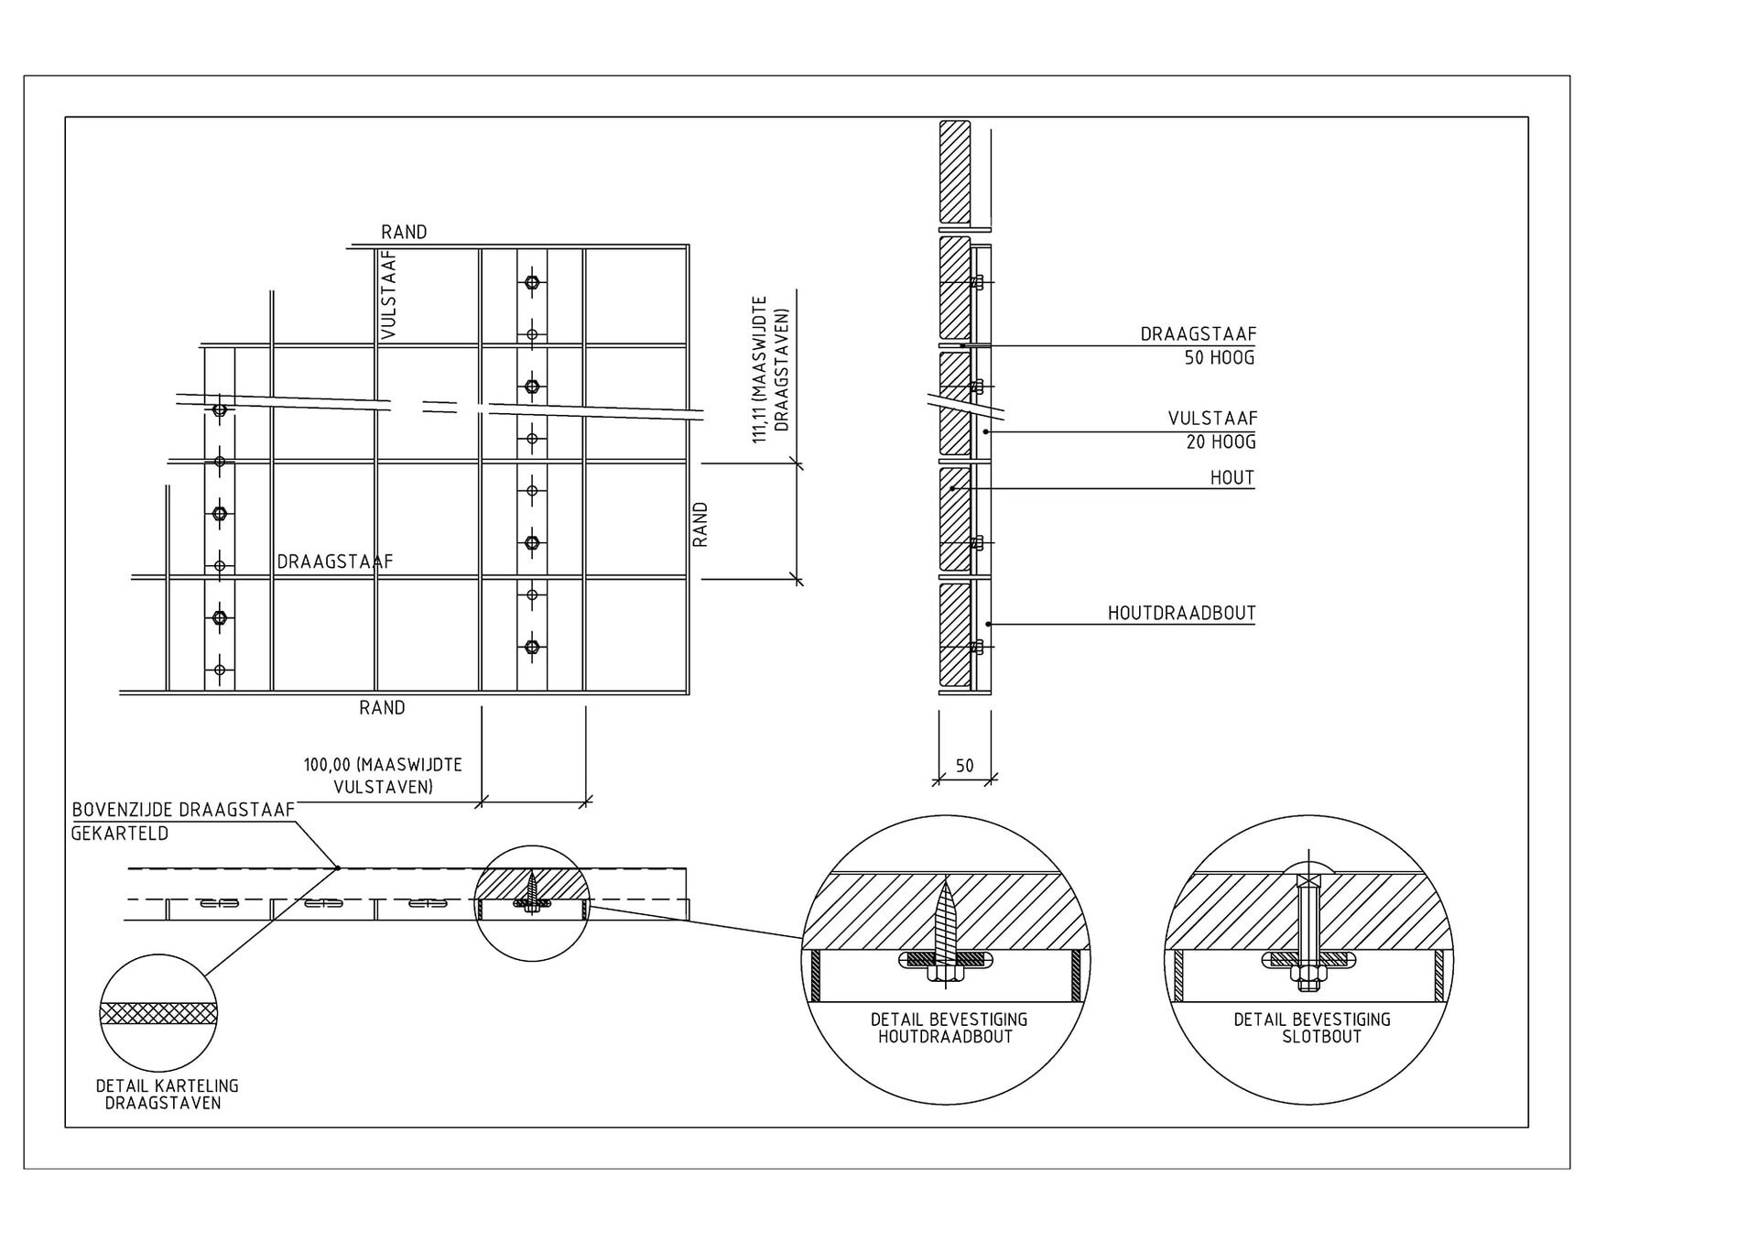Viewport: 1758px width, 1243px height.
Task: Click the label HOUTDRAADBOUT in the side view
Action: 1181,613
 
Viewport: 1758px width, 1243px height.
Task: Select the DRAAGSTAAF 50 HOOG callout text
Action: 1198,346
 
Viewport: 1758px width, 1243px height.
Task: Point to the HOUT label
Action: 1232,477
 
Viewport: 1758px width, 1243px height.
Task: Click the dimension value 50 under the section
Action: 964,766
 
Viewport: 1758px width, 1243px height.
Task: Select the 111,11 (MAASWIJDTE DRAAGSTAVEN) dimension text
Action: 770,369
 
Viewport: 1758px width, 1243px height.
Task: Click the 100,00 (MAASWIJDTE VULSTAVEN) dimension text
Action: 383,775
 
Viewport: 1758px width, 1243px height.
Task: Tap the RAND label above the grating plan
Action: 404,232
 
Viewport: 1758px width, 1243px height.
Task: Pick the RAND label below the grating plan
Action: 382,707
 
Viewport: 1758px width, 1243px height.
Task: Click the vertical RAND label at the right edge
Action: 700,524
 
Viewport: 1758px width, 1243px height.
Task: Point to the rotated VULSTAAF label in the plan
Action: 388,295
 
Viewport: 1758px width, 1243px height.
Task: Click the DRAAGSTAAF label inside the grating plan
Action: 335,562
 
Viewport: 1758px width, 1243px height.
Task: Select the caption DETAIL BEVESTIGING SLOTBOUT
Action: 1311,1028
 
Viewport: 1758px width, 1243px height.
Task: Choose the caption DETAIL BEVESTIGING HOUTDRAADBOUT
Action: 949,1028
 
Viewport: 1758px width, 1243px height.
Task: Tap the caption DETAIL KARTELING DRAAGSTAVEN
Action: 167,1095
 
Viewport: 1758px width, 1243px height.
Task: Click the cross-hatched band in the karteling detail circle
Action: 158,1013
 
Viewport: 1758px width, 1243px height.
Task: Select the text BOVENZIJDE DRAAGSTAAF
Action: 183,810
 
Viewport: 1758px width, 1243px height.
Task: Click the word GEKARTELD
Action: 120,834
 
